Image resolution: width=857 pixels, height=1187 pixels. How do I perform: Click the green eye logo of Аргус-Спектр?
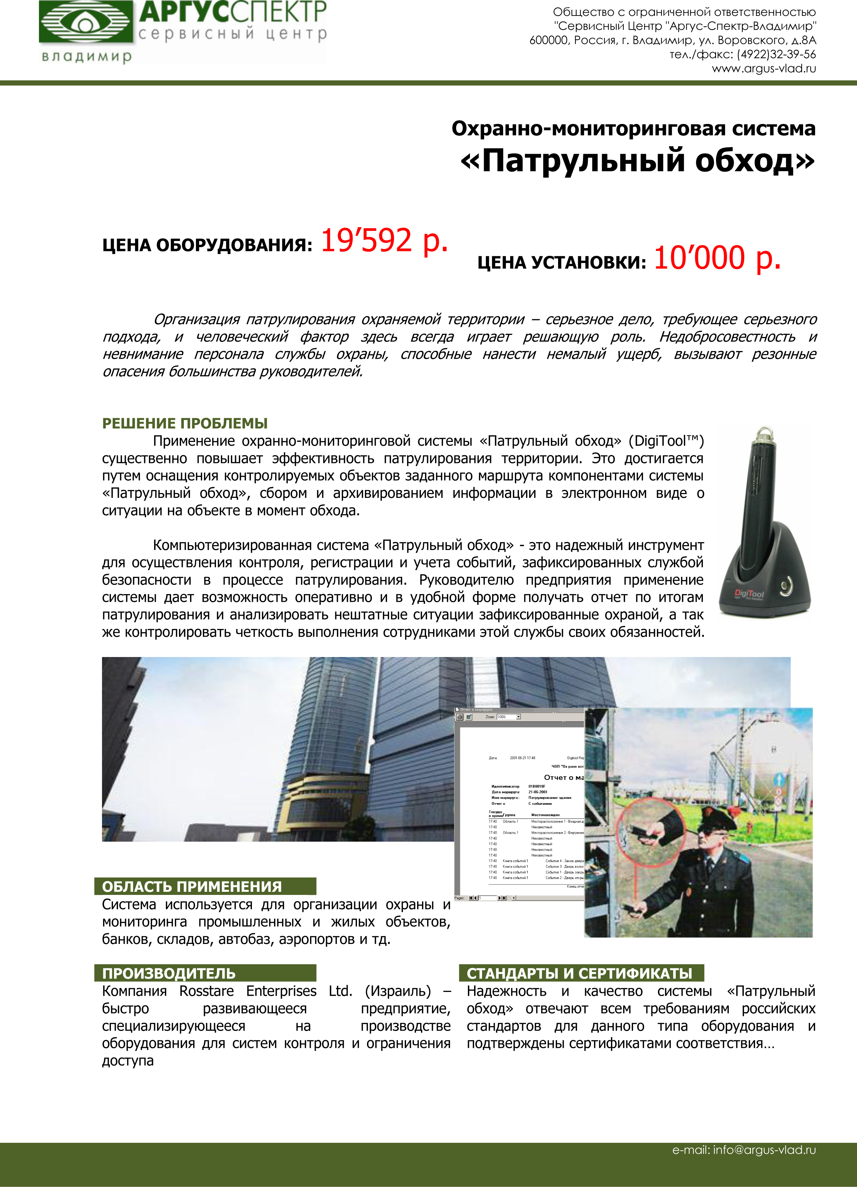click(x=85, y=22)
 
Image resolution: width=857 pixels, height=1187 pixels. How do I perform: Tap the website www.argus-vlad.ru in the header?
click(x=763, y=69)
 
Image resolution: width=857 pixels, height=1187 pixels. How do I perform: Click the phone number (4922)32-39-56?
click(x=776, y=55)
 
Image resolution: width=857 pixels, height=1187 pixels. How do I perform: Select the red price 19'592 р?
click(x=384, y=241)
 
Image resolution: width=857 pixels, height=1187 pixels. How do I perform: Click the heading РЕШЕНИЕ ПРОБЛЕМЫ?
click(x=185, y=423)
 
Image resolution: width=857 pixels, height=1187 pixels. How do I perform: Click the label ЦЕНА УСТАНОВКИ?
click(x=562, y=262)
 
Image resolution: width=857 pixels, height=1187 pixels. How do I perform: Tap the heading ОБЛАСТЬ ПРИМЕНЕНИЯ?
click(x=192, y=887)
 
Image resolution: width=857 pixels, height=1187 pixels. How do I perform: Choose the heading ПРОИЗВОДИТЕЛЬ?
click(x=169, y=974)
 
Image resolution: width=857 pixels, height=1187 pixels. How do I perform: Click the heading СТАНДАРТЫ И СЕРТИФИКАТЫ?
click(x=580, y=974)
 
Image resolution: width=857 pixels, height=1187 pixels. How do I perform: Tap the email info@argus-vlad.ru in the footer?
click(x=744, y=1150)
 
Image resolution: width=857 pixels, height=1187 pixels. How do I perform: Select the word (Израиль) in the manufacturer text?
click(x=398, y=991)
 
